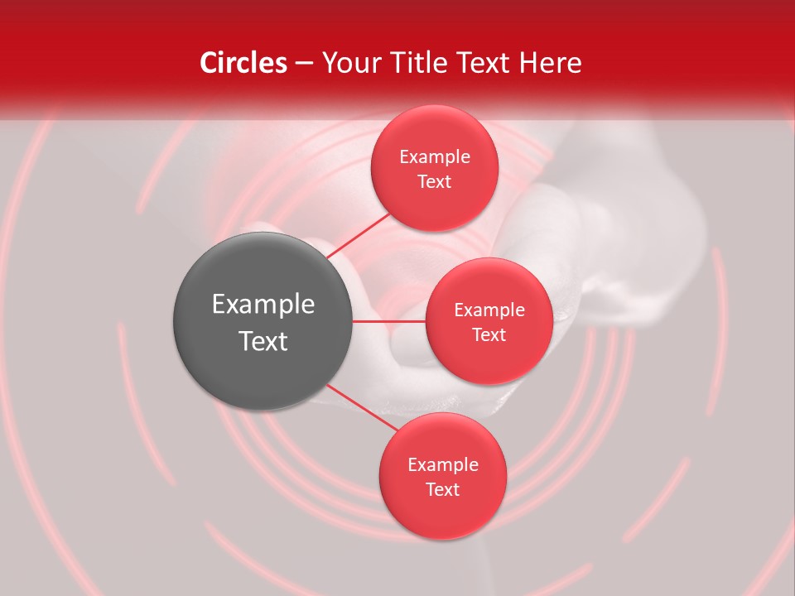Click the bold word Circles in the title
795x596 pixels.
click(x=243, y=63)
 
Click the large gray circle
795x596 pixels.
click(x=263, y=320)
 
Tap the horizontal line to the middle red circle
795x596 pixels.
click(x=389, y=321)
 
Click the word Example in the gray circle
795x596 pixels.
click(x=263, y=305)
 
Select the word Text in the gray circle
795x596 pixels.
click(x=263, y=341)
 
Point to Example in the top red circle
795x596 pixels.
click(x=435, y=157)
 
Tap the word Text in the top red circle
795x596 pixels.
click(x=434, y=181)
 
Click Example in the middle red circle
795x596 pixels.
click(x=489, y=310)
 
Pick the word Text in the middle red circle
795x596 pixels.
click(x=489, y=334)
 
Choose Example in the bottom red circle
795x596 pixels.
click(x=443, y=465)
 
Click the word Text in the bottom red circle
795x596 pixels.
click(x=442, y=489)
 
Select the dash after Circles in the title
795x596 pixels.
click(x=304, y=63)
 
